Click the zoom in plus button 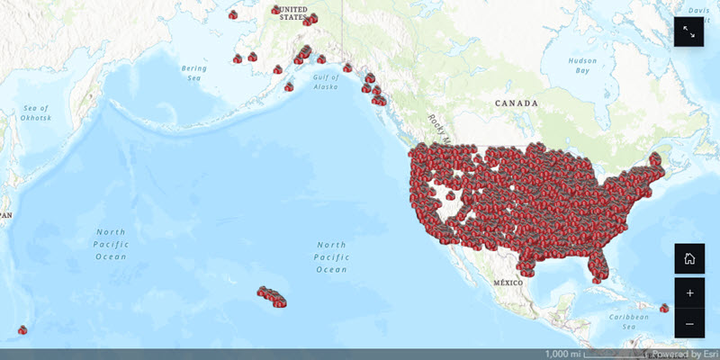coord(689,292)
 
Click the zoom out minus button coord(689,322)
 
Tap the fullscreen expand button coord(688,31)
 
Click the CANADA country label coord(516,103)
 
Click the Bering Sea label coord(193,73)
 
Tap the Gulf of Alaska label coord(325,83)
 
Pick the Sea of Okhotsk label coord(37,112)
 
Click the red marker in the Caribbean coord(664,309)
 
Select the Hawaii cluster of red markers coord(271,296)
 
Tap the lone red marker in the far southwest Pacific coord(22,330)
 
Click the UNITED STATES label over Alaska coord(292,13)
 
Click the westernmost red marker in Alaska coord(232,15)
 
